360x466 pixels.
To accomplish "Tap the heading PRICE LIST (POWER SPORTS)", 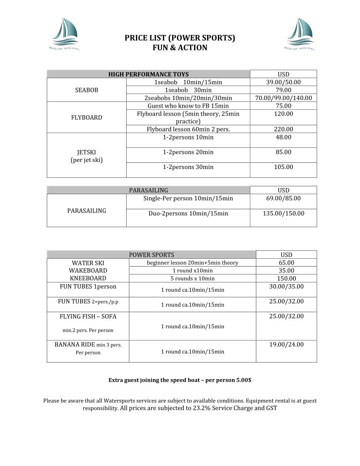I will click(180, 38).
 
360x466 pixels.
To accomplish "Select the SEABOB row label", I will click(86, 90).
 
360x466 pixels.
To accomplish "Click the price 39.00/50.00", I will click(283, 82).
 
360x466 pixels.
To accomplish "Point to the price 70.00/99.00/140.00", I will click(283, 98).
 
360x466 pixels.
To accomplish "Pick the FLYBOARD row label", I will click(86, 117).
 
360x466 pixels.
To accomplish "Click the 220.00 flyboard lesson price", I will click(283, 129).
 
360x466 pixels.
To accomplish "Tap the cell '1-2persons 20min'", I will click(188, 152).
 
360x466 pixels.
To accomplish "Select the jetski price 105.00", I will click(283, 167).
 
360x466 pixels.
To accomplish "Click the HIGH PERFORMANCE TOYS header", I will click(148, 74).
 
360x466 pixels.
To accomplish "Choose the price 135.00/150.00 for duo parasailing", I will click(283, 214).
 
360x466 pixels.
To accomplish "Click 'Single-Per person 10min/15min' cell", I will click(188, 199).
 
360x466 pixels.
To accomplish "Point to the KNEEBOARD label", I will click(88, 278).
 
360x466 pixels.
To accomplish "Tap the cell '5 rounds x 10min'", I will click(192, 278).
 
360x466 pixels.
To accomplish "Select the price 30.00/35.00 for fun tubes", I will click(286, 287).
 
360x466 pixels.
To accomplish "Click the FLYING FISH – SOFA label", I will click(88, 316).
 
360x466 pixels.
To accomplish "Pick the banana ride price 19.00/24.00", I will click(286, 345).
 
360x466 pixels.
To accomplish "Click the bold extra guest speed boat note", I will click(180, 380).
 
